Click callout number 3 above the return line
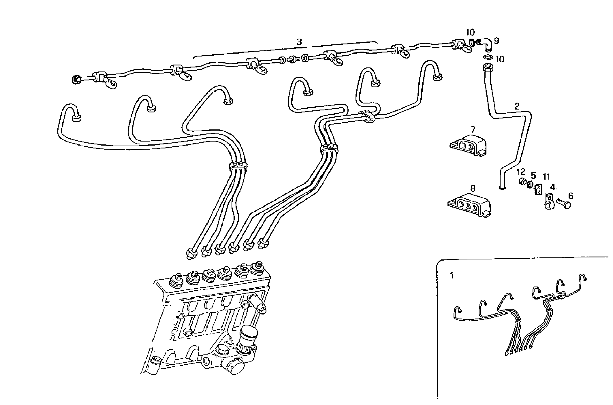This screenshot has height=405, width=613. point(299,42)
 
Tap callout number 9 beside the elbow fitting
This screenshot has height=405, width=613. point(496,41)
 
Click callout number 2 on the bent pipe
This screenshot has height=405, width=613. point(517,106)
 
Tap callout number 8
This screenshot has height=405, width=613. point(473,188)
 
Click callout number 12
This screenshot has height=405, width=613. point(521,172)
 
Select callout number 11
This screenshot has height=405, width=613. point(546,176)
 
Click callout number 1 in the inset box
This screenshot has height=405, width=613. point(452,276)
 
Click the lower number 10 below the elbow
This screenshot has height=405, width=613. point(500,59)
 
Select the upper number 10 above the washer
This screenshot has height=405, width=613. point(471,32)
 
